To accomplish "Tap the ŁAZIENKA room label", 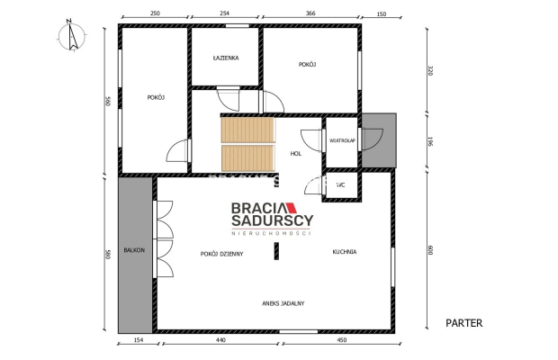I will [x=225, y=58].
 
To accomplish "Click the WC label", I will [x=340, y=184].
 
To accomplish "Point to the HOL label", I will [x=295, y=154].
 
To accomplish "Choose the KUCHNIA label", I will [x=344, y=252].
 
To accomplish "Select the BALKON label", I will [x=134, y=249].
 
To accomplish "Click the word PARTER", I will [x=464, y=321].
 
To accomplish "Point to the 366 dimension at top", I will [x=310, y=14].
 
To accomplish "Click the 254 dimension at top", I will [x=224, y=14].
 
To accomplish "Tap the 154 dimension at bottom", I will [x=138, y=341].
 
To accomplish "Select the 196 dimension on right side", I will [x=429, y=142].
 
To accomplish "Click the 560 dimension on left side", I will [x=107, y=101].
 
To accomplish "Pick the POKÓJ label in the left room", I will [x=156, y=97].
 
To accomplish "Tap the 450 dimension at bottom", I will [x=341, y=341].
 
